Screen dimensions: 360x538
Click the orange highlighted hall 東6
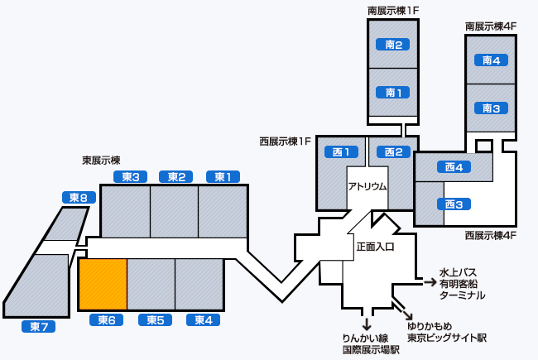pos(103,284)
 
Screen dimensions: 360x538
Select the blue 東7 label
pos(37,326)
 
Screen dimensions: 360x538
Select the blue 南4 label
pos(491,60)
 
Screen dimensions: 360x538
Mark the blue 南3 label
pos(491,108)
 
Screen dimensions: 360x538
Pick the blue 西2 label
pos(393,151)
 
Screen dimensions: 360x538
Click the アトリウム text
pos(367,186)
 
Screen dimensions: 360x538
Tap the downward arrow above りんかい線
pos(366,323)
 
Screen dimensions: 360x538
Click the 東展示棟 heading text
pos(101,160)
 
